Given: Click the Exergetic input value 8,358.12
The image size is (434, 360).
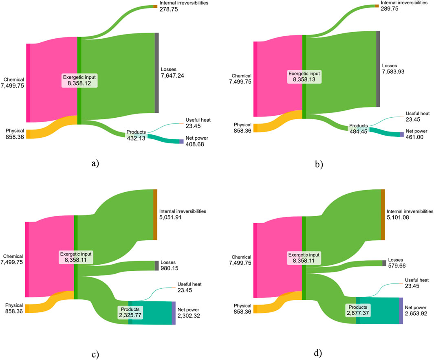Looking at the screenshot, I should [79, 83].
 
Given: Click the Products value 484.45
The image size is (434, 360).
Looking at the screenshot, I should [359, 132].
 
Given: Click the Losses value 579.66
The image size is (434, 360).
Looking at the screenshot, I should [397, 266].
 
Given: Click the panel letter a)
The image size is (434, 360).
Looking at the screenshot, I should [95, 164].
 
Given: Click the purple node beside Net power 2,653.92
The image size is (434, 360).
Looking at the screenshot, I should [401, 311].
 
